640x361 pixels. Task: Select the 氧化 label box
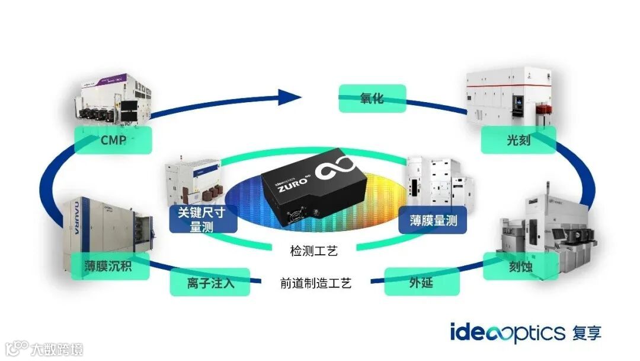point(372,98)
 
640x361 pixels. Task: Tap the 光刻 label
point(518,140)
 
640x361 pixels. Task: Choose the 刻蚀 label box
point(520,267)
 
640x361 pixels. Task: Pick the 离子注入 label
point(210,282)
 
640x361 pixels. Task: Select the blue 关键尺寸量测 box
point(203,219)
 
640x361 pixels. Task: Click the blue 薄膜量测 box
point(433,221)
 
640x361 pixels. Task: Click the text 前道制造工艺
point(316,283)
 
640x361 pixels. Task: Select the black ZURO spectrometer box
point(312,185)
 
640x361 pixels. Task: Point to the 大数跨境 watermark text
point(57,348)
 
